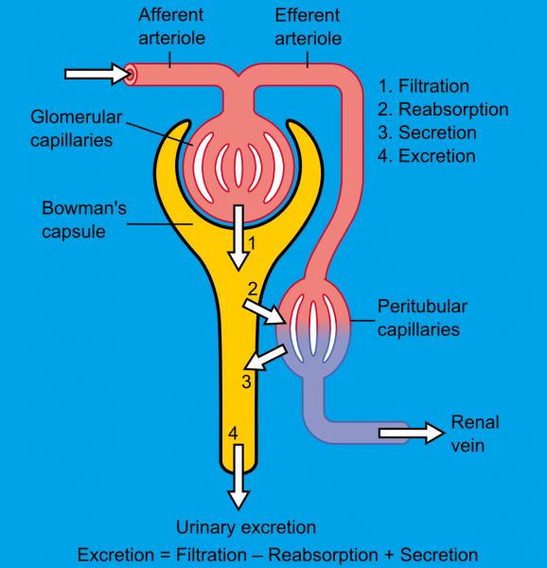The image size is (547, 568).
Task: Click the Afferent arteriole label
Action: point(171,27)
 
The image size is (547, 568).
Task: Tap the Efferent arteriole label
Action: point(308,27)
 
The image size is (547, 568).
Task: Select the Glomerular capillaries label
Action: point(77,129)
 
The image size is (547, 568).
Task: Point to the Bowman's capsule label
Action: point(84,220)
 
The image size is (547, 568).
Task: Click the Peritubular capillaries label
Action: point(422,318)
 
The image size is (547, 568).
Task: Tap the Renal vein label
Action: point(475,434)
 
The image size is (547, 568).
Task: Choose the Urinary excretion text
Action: point(246,527)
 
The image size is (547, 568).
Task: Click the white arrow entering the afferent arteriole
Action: point(97,74)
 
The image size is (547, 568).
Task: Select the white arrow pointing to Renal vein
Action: point(412,433)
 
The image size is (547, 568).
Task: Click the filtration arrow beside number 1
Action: point(238,238)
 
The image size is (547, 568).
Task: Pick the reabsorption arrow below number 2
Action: point(264,311)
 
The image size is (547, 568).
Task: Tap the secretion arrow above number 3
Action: point(266,358)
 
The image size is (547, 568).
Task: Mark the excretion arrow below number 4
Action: point(238,477)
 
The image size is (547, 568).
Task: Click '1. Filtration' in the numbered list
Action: point(424,86)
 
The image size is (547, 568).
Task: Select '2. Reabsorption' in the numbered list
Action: point(443,110)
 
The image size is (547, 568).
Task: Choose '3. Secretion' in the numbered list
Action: point(427,133)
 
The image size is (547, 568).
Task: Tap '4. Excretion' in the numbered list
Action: point(427,156)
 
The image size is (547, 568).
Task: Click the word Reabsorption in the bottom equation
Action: point(324,555)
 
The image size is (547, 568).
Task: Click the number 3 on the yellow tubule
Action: point(247,382)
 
